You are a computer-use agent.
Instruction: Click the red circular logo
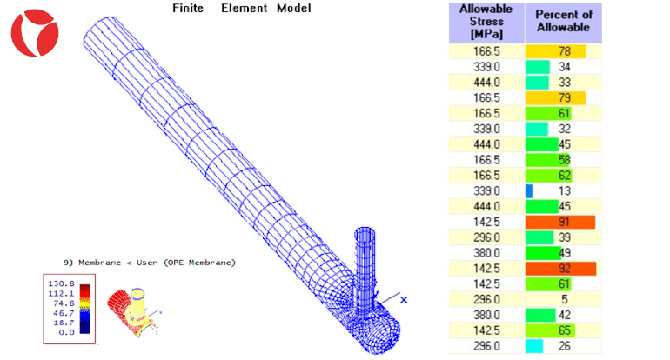(35, 33)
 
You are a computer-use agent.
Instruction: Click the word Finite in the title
(188, 8)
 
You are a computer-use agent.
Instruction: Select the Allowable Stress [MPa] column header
(486, 23)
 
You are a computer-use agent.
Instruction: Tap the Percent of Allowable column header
(563, 22)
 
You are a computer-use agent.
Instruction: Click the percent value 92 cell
(563, 269)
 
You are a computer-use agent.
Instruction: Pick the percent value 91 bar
(559, 222)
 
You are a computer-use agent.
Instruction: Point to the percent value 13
(565, 191)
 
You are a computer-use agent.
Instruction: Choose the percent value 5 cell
(563, 299)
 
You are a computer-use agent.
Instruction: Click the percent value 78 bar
(555, 51)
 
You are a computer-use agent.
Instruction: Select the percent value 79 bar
(555, 97)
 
